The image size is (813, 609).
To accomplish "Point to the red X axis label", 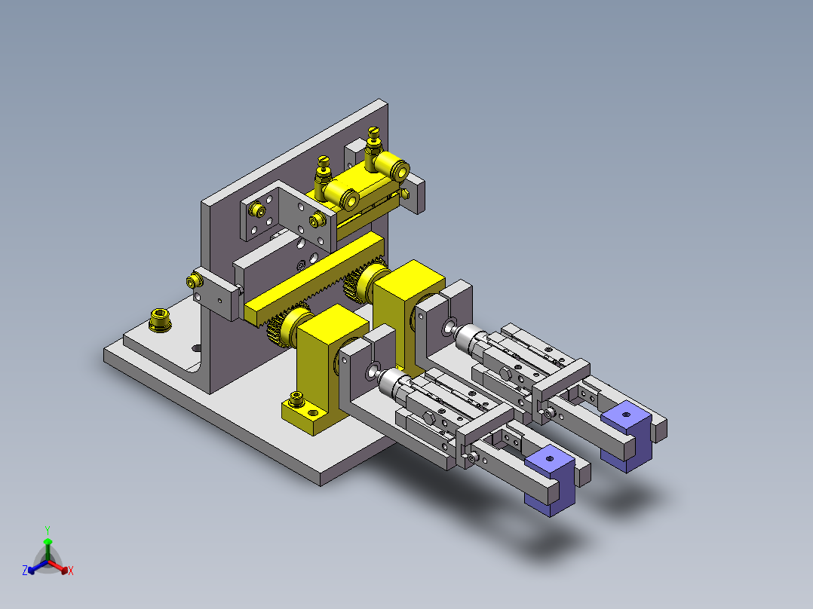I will coord(71,571).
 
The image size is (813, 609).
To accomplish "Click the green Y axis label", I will coord(47,530).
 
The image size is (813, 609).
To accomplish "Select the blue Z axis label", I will coord(25,571).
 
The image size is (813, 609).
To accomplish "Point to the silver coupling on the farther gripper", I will coord(471,340).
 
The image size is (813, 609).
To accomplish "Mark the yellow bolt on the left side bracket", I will coord(192,282).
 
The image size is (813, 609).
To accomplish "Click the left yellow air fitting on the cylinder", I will coord(324,172).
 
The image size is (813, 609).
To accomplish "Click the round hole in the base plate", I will coord(197,348).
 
